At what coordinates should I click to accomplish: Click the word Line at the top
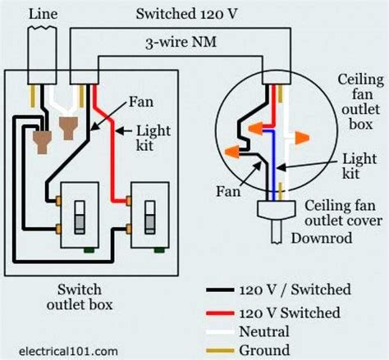click(x=43, y=12)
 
